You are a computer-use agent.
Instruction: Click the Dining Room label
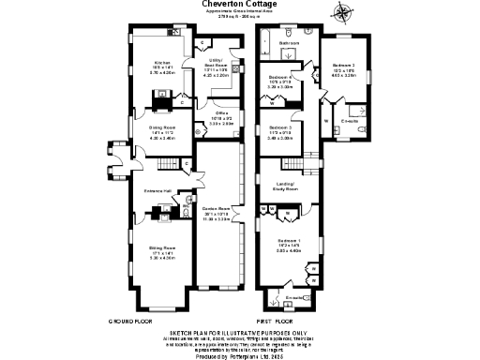coord(163,132)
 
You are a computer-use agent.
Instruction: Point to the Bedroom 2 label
coord(342,65)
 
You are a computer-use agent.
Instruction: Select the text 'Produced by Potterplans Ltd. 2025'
coord(239,356)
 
